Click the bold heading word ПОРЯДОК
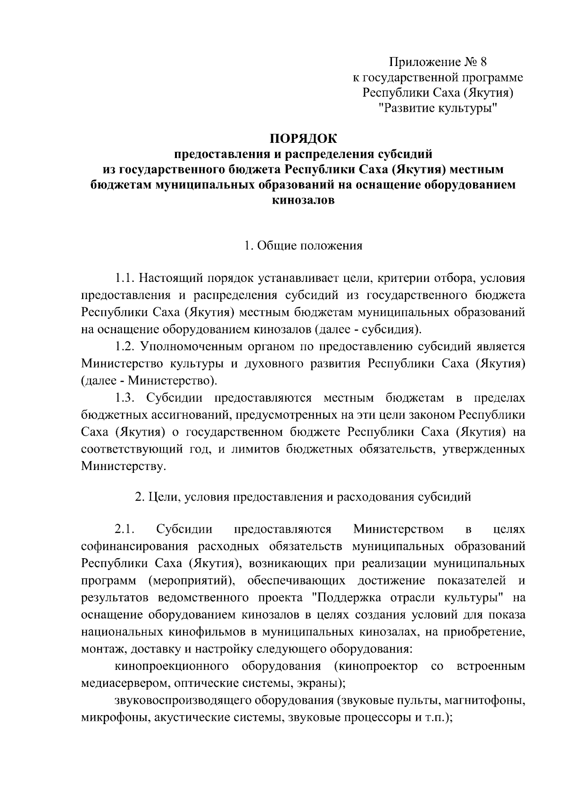[303, 139]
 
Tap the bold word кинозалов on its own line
[303, 200]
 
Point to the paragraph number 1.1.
[125, 279]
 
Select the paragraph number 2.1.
[125, 529]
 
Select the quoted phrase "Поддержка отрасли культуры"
[409, 598]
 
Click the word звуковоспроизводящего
[183, 700]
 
